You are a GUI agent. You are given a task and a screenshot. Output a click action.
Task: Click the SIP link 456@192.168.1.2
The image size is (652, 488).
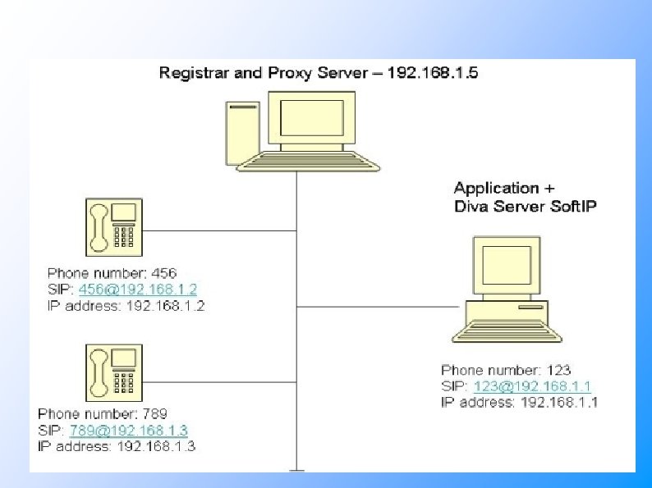click(x=138, y=290)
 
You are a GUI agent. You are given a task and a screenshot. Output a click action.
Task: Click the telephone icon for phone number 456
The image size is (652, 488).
click(x=112, y=227)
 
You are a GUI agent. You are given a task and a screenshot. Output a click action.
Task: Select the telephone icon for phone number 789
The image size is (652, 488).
click(x=113, y=371)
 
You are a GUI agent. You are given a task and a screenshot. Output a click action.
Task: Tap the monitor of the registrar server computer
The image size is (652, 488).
click(x=312, y=120)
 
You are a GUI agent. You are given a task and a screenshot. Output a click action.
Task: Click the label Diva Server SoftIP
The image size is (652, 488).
click(x=526, y=207)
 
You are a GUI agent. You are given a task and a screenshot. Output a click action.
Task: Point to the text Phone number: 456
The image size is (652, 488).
click(x=112, y=273)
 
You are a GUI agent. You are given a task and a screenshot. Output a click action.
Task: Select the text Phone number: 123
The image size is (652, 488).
click(x=506, y=370)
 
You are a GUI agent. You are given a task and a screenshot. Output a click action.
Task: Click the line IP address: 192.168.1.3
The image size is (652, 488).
click(x=117, y=446)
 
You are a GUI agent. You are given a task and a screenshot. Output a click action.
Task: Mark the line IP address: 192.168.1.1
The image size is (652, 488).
click(x=520, y=402)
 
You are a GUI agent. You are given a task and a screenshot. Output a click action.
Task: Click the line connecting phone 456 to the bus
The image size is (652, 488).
click(x=219, y=230)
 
